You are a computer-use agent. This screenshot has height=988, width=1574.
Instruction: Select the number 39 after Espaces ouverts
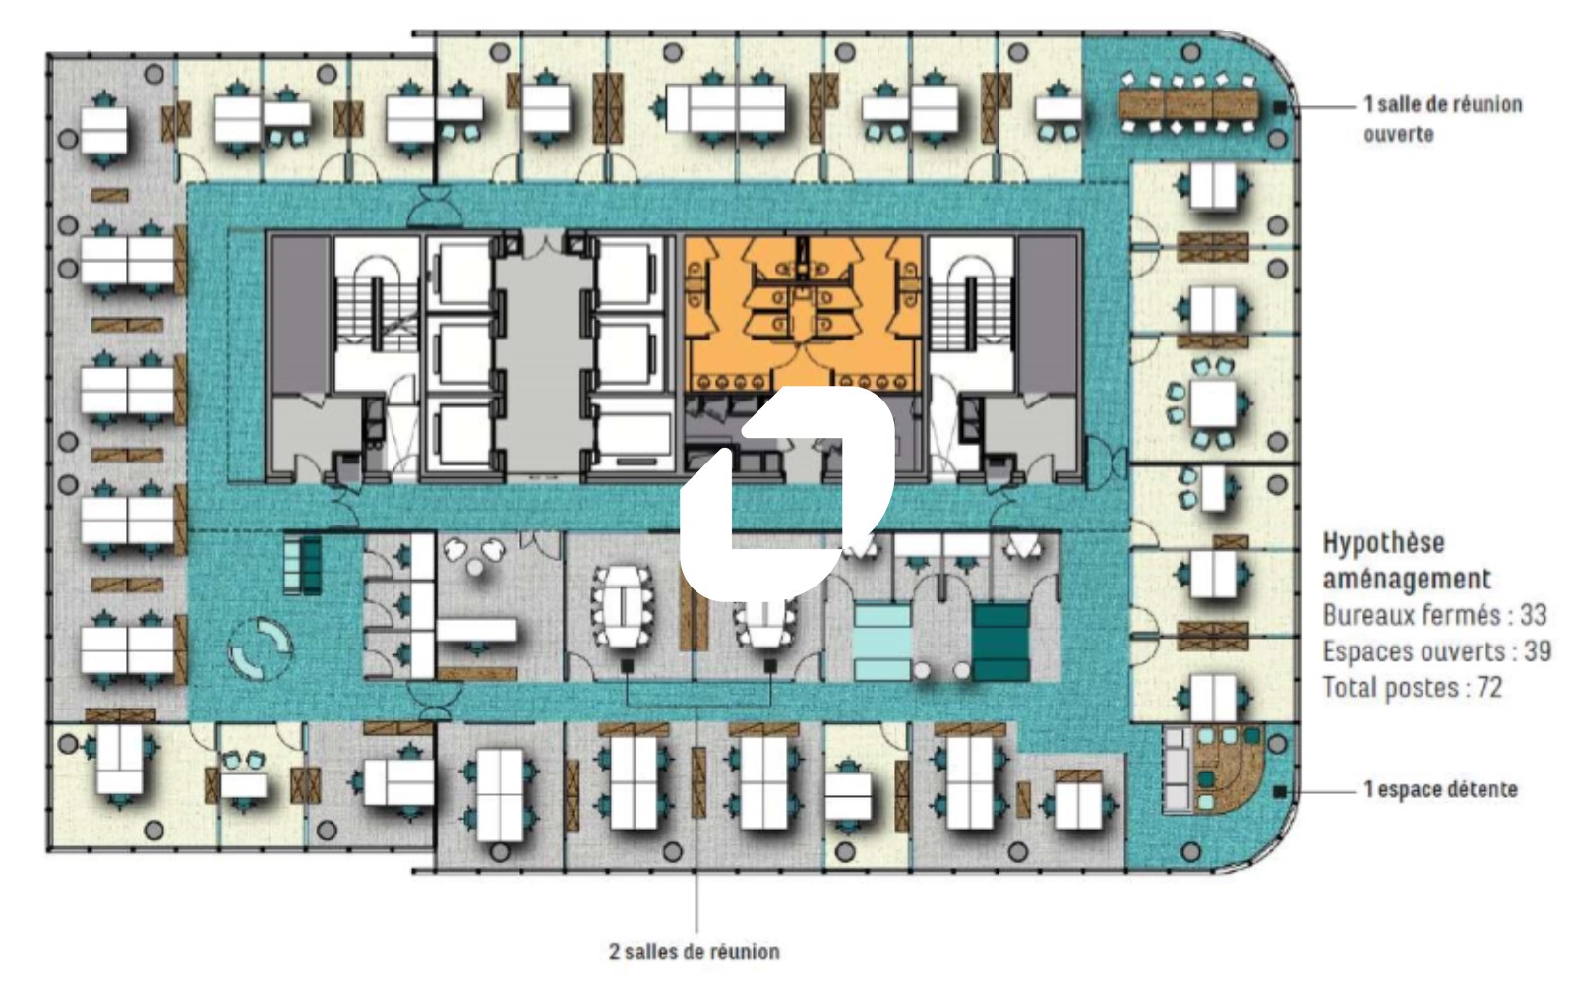click(1537, 651)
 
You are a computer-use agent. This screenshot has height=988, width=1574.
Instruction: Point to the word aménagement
click(1407, 579)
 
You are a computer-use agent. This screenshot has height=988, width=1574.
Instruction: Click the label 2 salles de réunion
click(695, 952)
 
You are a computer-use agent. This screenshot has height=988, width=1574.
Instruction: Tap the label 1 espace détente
click(1440, 789)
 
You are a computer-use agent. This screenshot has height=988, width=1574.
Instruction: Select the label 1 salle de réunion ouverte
click(1443, 119)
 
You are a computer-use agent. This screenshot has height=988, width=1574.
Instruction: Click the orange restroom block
click(803, 313)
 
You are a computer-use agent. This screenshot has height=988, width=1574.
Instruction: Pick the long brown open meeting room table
click(1188, 104)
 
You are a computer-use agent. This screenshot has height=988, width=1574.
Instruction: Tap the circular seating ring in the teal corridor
click(260, 648)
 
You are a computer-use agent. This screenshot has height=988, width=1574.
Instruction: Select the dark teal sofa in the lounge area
click(1001, 643)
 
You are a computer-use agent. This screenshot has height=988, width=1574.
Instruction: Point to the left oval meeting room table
click(624, 606)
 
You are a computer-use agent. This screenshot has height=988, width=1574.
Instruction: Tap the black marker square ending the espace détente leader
click(1280, 791)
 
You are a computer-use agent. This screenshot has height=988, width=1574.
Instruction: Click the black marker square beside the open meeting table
click(1280, 107)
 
